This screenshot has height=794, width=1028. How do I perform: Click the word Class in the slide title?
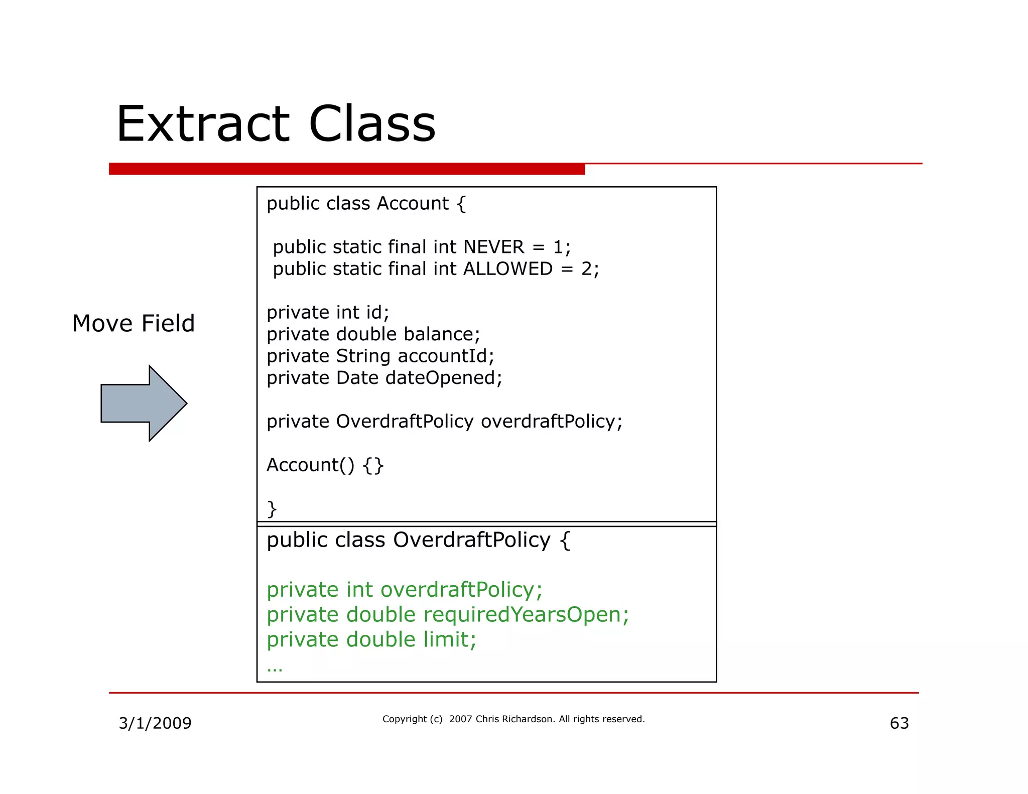click(x=372, y=124)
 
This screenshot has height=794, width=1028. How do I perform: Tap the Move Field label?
click(x=134, y=323)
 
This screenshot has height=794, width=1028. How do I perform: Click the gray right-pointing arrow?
click(x=144, y=403)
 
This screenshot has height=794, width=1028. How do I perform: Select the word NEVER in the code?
click(x=493, y=247)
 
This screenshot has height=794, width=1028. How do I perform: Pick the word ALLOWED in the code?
click(x=507, y=269)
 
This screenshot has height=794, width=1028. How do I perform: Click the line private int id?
click(x=328, y=313)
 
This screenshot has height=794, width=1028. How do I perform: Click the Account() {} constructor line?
click(x=325, y=465)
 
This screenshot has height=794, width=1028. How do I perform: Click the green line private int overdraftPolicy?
click(x=404, y=590)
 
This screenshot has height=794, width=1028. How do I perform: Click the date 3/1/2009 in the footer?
click(x=155, y=723)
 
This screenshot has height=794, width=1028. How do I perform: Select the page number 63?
click(x=899, y=723)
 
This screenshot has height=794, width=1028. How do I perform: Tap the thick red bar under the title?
click(x=346, y=169)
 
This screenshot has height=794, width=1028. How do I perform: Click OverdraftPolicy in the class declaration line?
click(x=471, y=540)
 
